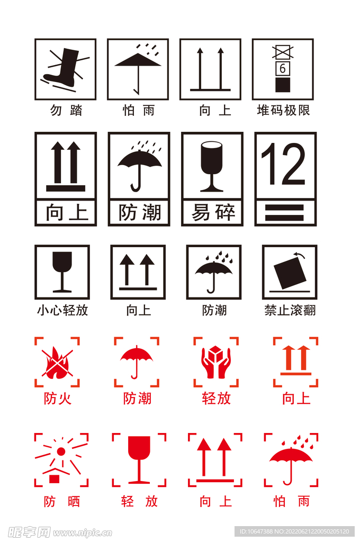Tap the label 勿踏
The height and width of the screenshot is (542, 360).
(x=66, y=111)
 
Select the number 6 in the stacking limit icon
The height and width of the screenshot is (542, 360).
(x=282, y=68)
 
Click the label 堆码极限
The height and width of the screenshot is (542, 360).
(x=283, y=111)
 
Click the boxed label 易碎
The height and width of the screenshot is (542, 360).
(x=212, y=213)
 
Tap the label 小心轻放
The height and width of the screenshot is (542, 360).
(x=62, y=310)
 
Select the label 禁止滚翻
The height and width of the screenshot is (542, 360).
(x=290, y=310)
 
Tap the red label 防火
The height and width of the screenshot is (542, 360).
(x=57, y=398)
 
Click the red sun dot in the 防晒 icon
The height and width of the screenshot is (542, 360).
(x=61, y=451)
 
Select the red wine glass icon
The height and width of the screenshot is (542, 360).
(x=139, y=459)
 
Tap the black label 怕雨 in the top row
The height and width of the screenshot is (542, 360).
(x=138, y=111)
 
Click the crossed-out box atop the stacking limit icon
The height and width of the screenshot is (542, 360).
(x=282, y=52)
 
